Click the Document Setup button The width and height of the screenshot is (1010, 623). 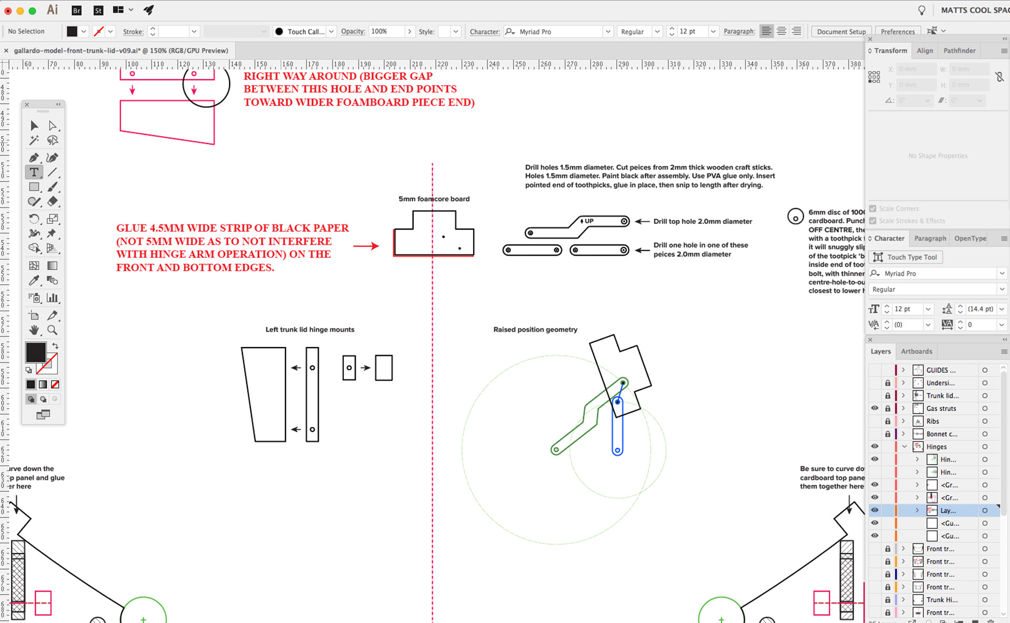point(841,31)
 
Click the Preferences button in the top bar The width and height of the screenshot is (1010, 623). point(897,31)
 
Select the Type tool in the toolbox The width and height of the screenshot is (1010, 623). point(34,172)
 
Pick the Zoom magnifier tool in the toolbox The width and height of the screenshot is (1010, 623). point(52,330)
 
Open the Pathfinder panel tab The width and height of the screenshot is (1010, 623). point(959,50)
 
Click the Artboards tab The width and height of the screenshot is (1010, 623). point(916,351)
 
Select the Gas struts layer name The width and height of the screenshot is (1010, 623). point(941,408)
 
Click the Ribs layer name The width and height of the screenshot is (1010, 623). point(932,421)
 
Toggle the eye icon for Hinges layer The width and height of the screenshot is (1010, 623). point(874,447)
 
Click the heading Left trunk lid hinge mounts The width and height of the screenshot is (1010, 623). point(310,330)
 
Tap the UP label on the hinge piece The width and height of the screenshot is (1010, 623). point(588,221)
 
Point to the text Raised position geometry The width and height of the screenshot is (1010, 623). point(535,330)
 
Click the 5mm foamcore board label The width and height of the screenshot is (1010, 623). point(434,199)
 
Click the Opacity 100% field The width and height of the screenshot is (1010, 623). point(386,31)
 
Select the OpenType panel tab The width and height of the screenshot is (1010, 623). point(970,238)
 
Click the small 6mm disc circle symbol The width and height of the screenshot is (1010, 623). point(795,216)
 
